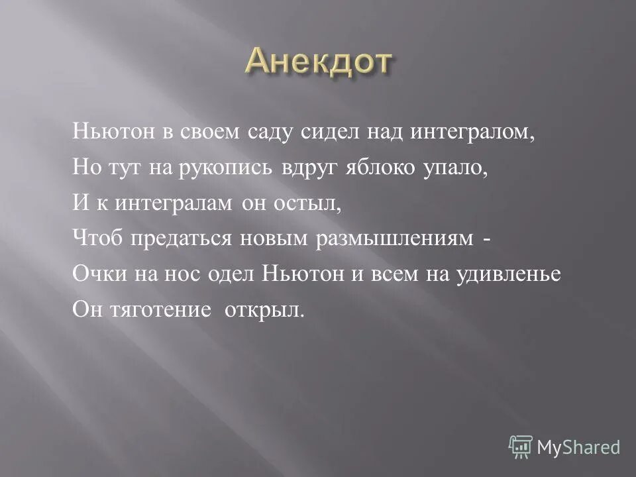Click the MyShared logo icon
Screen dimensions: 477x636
(x=521, y=447)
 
